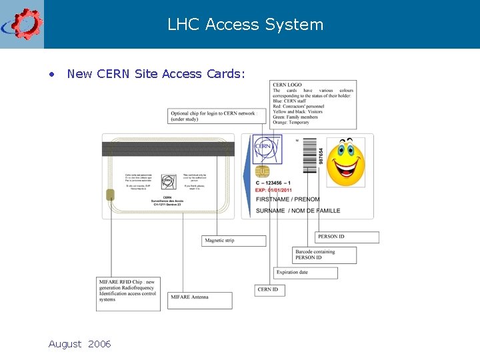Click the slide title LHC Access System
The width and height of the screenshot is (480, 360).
245,25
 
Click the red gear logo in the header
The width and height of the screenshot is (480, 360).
23,24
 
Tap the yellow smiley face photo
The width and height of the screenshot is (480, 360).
345,162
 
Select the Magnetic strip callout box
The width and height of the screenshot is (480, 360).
233,241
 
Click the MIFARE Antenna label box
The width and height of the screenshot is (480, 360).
201,300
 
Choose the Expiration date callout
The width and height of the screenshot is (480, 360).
306,273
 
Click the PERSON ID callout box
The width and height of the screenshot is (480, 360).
347,237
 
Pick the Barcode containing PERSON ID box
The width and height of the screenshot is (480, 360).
324,255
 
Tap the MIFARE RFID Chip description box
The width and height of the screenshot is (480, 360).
128,293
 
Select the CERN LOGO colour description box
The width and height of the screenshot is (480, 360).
313,105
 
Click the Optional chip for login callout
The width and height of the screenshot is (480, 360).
213,116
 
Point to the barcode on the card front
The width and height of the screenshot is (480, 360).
309,155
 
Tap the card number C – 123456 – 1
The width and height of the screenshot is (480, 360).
274,182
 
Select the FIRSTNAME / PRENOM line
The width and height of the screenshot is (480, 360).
287,199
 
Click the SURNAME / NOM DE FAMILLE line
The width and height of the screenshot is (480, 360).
297,211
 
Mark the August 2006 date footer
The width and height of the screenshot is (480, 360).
79,344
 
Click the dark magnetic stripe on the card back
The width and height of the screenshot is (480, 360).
168,149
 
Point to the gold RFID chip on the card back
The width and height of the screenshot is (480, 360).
109,195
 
